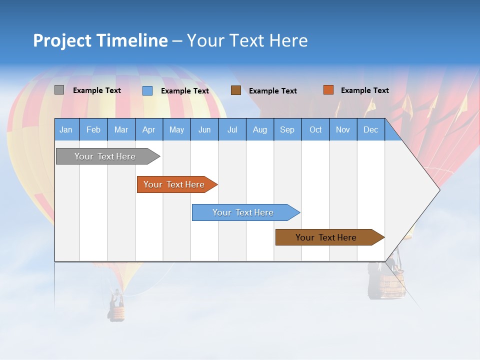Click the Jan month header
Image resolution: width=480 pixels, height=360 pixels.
pos(66,129)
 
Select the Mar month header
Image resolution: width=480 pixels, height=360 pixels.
pos(121,129)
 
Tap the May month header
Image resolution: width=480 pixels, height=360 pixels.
pos(176,129)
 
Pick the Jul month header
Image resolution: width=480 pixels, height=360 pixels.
pos(232,129)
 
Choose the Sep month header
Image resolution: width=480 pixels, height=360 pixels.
pos(287,129)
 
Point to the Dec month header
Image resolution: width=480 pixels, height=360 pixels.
pos(370,129)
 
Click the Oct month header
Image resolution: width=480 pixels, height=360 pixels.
pos(315,129)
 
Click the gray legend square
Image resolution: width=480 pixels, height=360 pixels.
pos(59,90)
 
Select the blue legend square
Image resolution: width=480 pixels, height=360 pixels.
pos(147,90)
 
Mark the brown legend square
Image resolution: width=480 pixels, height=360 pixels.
pos(236,90)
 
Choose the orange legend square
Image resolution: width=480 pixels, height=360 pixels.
pos(328,90)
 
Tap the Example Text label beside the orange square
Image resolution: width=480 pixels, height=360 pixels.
pos(364,90)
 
